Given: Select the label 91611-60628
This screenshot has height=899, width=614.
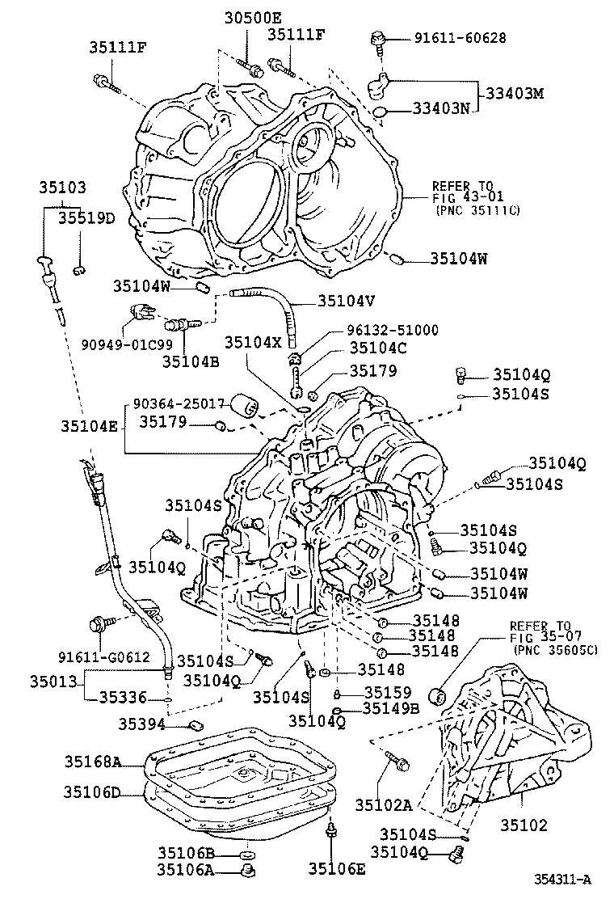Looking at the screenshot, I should [x=460, y=37].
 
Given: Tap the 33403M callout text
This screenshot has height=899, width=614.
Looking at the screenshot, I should [x=514, y=93].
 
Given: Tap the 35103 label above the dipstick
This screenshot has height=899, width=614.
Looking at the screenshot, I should [x=61, y=188].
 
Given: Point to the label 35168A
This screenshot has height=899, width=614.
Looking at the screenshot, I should [x=94, y=761].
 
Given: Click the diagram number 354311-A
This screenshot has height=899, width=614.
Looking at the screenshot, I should [x=562, y=879].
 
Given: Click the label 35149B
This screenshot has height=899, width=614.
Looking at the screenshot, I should [x=390, y=708].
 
